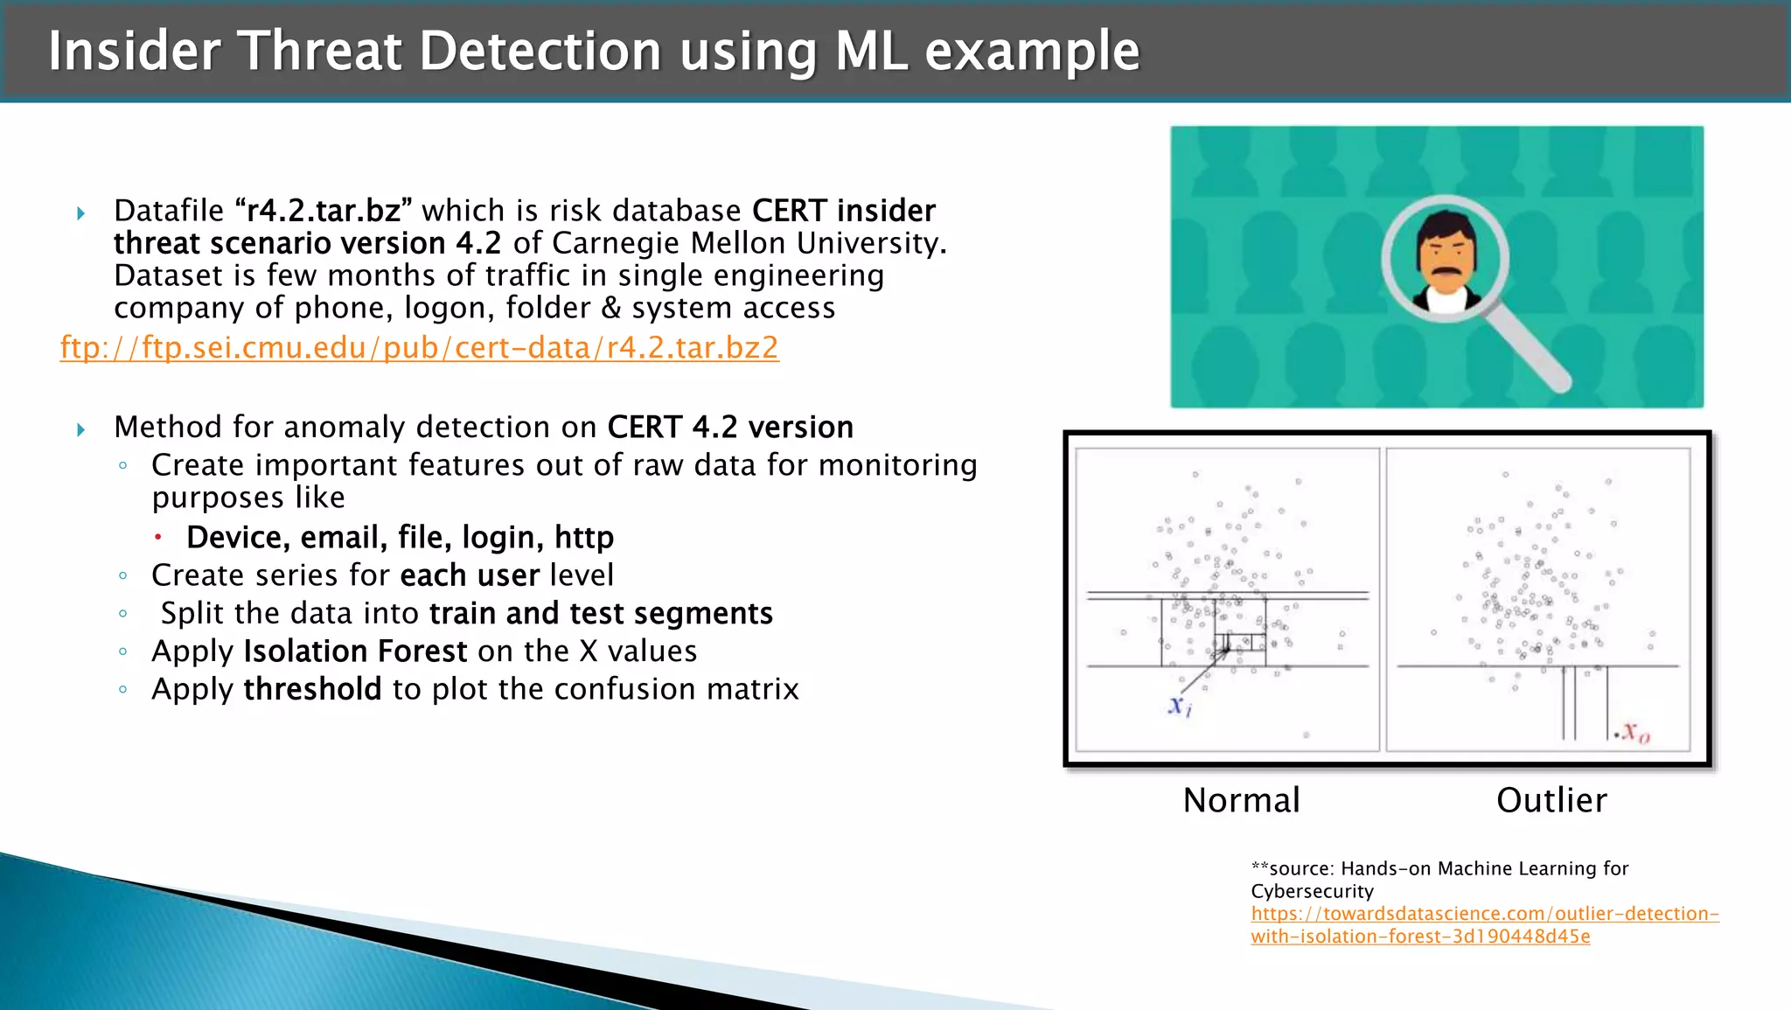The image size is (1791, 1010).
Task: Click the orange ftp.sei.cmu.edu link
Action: (x=419, y=348)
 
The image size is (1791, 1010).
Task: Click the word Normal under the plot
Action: (x=1241, y=800)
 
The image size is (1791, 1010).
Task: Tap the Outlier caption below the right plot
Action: (x=1551, y=800)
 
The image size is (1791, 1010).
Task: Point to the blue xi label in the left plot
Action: (x=1179, y=706)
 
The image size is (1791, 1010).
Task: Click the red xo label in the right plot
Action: (x=1634, y=732)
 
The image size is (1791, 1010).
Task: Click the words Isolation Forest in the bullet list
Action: (x=355, y=651)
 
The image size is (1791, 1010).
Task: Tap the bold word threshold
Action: (x=312, y=689)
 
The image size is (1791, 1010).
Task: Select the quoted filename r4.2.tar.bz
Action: (x=324, y=211)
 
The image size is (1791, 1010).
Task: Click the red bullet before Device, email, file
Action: (x=158, y=537)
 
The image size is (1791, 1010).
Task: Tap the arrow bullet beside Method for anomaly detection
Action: (x=81, y=429)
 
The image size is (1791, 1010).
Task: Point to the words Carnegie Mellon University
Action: (x=749, y=243)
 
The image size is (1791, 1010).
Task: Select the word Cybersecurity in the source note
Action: (x=1312, y=891)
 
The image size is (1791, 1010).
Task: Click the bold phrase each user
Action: (x=470, y=575)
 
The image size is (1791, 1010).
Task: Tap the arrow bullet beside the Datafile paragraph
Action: (x=81, y=213)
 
